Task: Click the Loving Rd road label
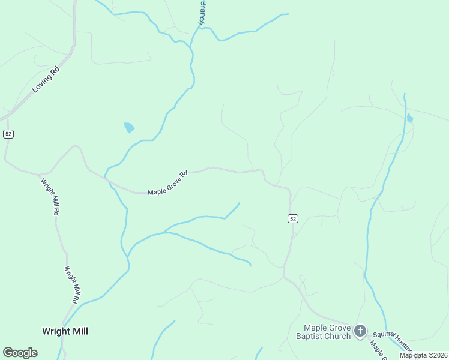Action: coord(47,79)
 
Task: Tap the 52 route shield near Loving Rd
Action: coord(8,134)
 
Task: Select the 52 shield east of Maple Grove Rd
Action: coord(292,219)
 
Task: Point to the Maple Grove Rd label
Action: coord(168,182)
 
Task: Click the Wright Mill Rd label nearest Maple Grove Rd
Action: coord(50,196)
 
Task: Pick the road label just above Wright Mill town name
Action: coord(71,284)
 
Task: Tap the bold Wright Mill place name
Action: coord(65,331)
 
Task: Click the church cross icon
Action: coord(360,331)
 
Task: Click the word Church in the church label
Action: coord(338,336)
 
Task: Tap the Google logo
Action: coord(20,353)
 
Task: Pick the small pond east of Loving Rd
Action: coord(129,127)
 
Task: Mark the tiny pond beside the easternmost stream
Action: coord(410,118)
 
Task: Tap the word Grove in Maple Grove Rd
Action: coord(173,181)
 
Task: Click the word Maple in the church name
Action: coord(315,328)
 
